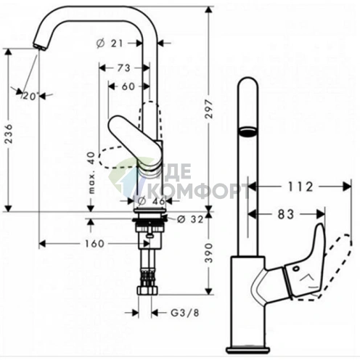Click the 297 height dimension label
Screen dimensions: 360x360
209,109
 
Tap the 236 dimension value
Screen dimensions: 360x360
9,134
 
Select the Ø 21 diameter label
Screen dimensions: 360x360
110,44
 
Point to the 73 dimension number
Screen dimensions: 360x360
124,68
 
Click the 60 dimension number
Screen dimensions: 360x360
128,86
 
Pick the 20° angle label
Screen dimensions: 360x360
30,96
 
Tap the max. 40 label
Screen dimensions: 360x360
91,173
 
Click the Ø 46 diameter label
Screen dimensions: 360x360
151,201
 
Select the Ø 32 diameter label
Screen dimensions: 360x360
190,219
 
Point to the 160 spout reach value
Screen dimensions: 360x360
94,244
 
